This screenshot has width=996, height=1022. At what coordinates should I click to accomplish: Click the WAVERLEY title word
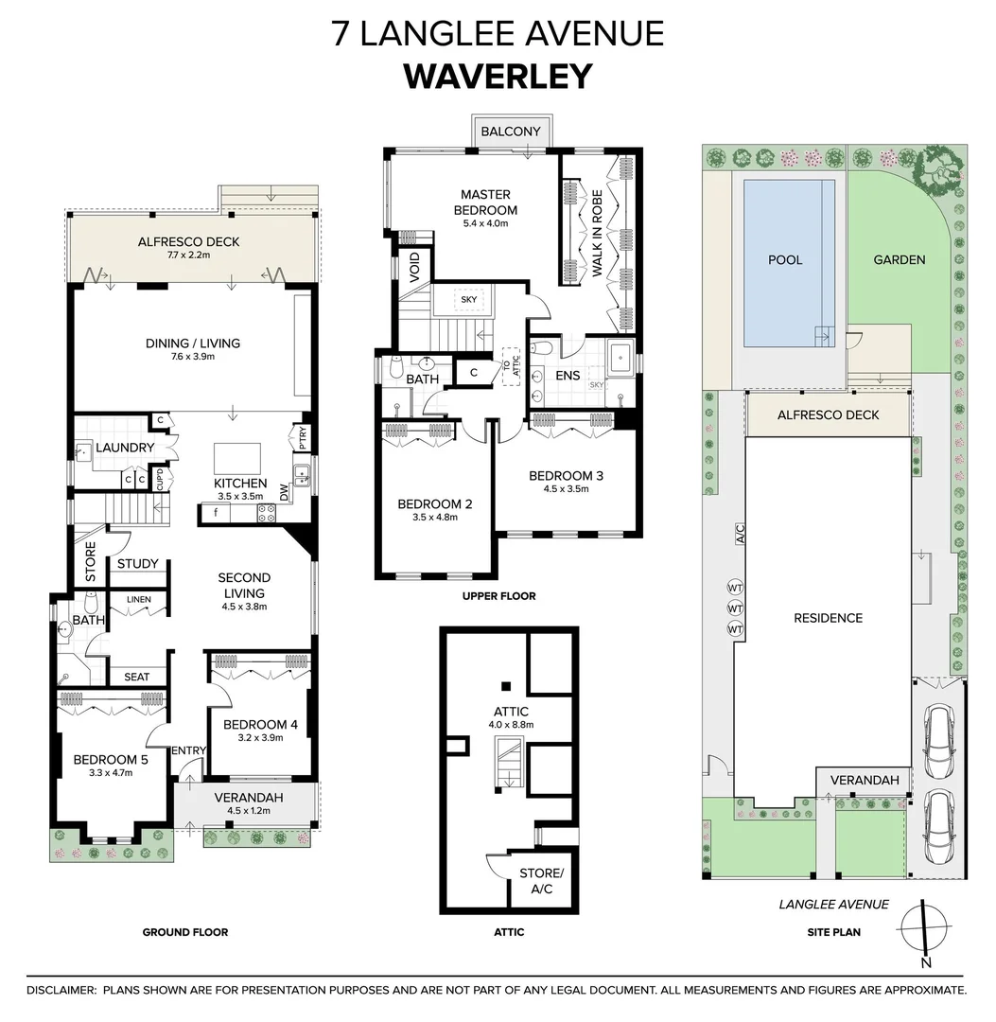point(498,77)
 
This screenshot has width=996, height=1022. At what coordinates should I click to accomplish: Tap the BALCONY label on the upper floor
point(511,132)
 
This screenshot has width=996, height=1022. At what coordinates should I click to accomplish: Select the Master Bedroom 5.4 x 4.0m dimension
point(485,223)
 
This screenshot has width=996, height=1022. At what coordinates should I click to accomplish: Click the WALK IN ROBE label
point(597,232)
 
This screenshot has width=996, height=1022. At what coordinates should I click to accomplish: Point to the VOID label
point(415,266)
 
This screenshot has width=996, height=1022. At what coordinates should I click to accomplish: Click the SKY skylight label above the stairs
point(468,300)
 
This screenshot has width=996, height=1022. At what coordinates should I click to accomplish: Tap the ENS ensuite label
point(568,376)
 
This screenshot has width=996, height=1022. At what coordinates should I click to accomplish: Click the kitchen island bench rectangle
point(237,458)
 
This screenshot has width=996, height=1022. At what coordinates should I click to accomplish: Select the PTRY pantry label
point(303,438)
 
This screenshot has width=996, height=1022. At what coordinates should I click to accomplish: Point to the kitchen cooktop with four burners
point(266,513)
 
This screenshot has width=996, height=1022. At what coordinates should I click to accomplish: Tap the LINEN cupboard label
point(139,600)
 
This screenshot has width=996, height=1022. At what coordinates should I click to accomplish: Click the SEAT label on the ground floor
point(137,678)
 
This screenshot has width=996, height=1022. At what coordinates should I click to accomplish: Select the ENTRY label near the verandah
point(189,750)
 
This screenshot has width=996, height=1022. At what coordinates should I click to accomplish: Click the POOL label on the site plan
point(785,260)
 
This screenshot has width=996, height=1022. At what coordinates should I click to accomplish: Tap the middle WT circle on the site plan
point(735,608)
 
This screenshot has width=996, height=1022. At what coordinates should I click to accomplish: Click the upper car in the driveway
point(937,741)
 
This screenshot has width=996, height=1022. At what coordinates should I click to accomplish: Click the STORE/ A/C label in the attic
point(541,881)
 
